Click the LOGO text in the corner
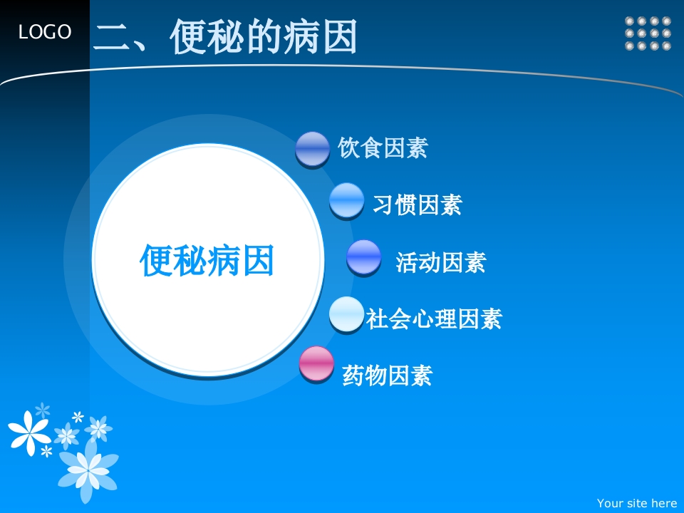pos(44,32)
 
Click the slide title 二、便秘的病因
pos(225,36)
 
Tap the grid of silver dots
pos(648,33)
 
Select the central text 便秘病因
pos(207,260)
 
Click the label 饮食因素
pos(383,147)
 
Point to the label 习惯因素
pos(418,204)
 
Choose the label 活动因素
pos(440,262)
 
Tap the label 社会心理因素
pos(434,318)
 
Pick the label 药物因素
pos(388,375)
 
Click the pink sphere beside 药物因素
pos(316,364)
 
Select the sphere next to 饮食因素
pos(312,149)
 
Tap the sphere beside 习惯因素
pos(347,201)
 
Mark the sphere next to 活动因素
pos(364,257)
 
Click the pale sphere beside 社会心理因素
pos(347,314)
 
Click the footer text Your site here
pos(637,504)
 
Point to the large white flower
pos(29,432)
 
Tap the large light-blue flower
pos(88,470)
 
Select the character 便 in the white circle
pos(156,260)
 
